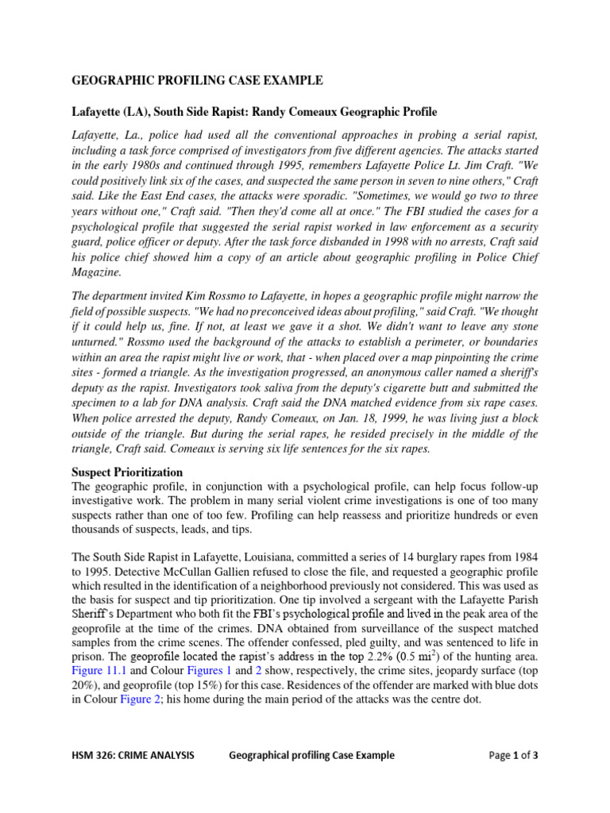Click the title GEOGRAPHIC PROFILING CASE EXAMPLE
[x=198, y=80]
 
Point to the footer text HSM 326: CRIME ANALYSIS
[x=133, y=755]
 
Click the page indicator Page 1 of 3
[x=514, y=755]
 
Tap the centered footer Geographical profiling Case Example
[x=311, y=755]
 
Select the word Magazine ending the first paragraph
[x=98, y=272]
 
